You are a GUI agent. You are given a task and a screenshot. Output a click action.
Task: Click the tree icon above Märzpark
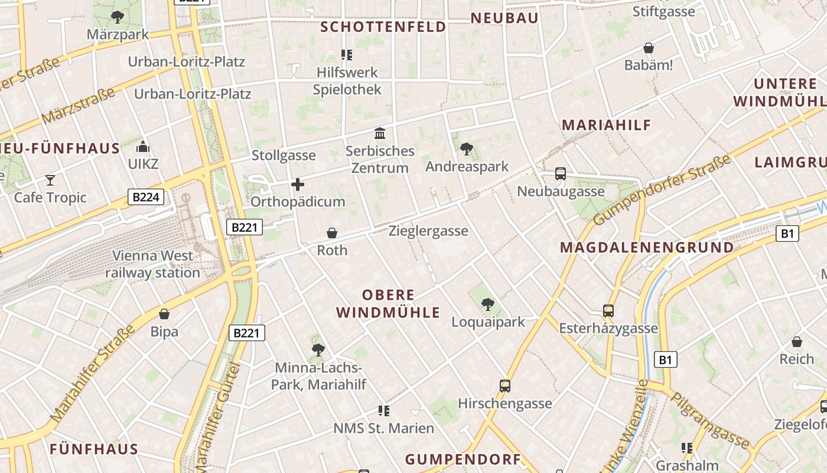[118, 17]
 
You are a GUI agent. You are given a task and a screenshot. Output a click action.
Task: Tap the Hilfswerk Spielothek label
[347, 81]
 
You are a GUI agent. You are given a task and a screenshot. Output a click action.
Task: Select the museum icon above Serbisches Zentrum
[380, 133]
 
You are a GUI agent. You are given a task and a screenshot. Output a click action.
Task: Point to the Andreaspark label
[467, 166]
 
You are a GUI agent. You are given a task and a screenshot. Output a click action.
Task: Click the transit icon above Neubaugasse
[561, 174]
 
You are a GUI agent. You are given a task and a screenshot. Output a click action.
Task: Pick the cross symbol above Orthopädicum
[298, 184]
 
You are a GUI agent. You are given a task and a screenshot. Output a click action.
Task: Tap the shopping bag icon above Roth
[332, 233]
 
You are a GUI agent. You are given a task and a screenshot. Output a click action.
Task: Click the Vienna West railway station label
[152, 264]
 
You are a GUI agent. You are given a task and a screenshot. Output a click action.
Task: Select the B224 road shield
[145, 197]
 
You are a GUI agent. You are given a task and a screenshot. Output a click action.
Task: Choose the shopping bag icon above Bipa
[164, 314]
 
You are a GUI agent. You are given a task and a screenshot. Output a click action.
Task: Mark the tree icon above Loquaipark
[488, 304]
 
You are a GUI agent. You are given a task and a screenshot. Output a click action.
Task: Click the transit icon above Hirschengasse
[505, 386]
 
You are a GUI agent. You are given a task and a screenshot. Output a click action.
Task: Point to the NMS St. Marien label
[384, 428]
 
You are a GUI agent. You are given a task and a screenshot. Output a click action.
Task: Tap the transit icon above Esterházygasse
[608, 310]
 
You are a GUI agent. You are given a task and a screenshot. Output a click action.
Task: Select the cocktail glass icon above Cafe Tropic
[50, 180]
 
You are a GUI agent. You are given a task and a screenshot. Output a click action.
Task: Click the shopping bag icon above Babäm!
[649, 48]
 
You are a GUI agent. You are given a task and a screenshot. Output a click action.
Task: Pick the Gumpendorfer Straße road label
[662, 190]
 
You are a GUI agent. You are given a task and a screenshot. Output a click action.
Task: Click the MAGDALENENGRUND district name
[647, 247]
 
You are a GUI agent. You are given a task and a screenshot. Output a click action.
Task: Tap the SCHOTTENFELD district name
[383, 27]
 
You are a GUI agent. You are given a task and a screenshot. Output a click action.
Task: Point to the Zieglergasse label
[428, 231]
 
